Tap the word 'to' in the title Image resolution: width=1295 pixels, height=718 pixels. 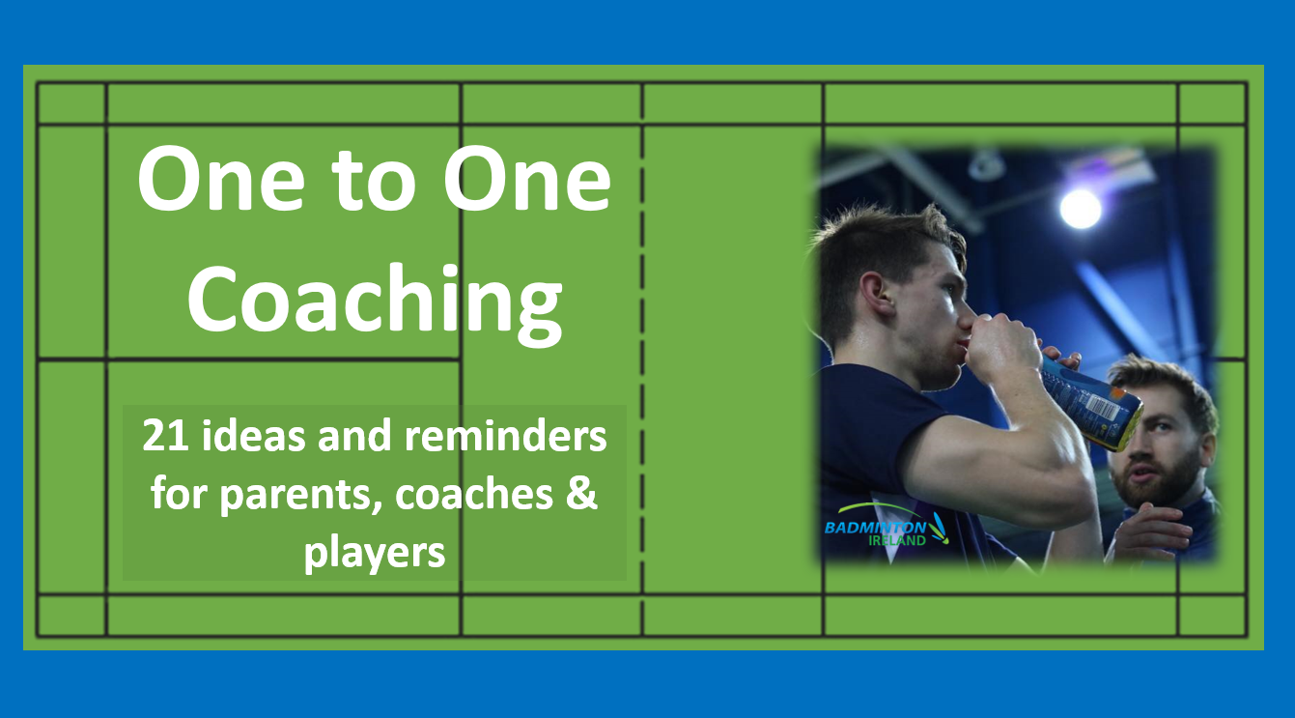(374, 180)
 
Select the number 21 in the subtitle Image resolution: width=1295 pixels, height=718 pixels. (165, 435)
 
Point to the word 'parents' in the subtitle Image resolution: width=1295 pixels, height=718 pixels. (300, 495)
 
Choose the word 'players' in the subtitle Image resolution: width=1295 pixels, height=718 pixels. (375, 553)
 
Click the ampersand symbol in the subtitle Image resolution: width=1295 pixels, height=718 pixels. (581, 493)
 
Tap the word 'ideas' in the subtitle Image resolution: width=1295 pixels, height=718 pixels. (253, 435)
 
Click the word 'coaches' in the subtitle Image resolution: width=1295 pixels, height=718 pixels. (474, 494)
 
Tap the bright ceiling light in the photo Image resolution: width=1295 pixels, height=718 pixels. (1080, 208)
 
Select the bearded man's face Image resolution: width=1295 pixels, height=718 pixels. (1156, 445)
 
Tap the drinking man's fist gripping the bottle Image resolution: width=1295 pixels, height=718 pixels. (1002, 349)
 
